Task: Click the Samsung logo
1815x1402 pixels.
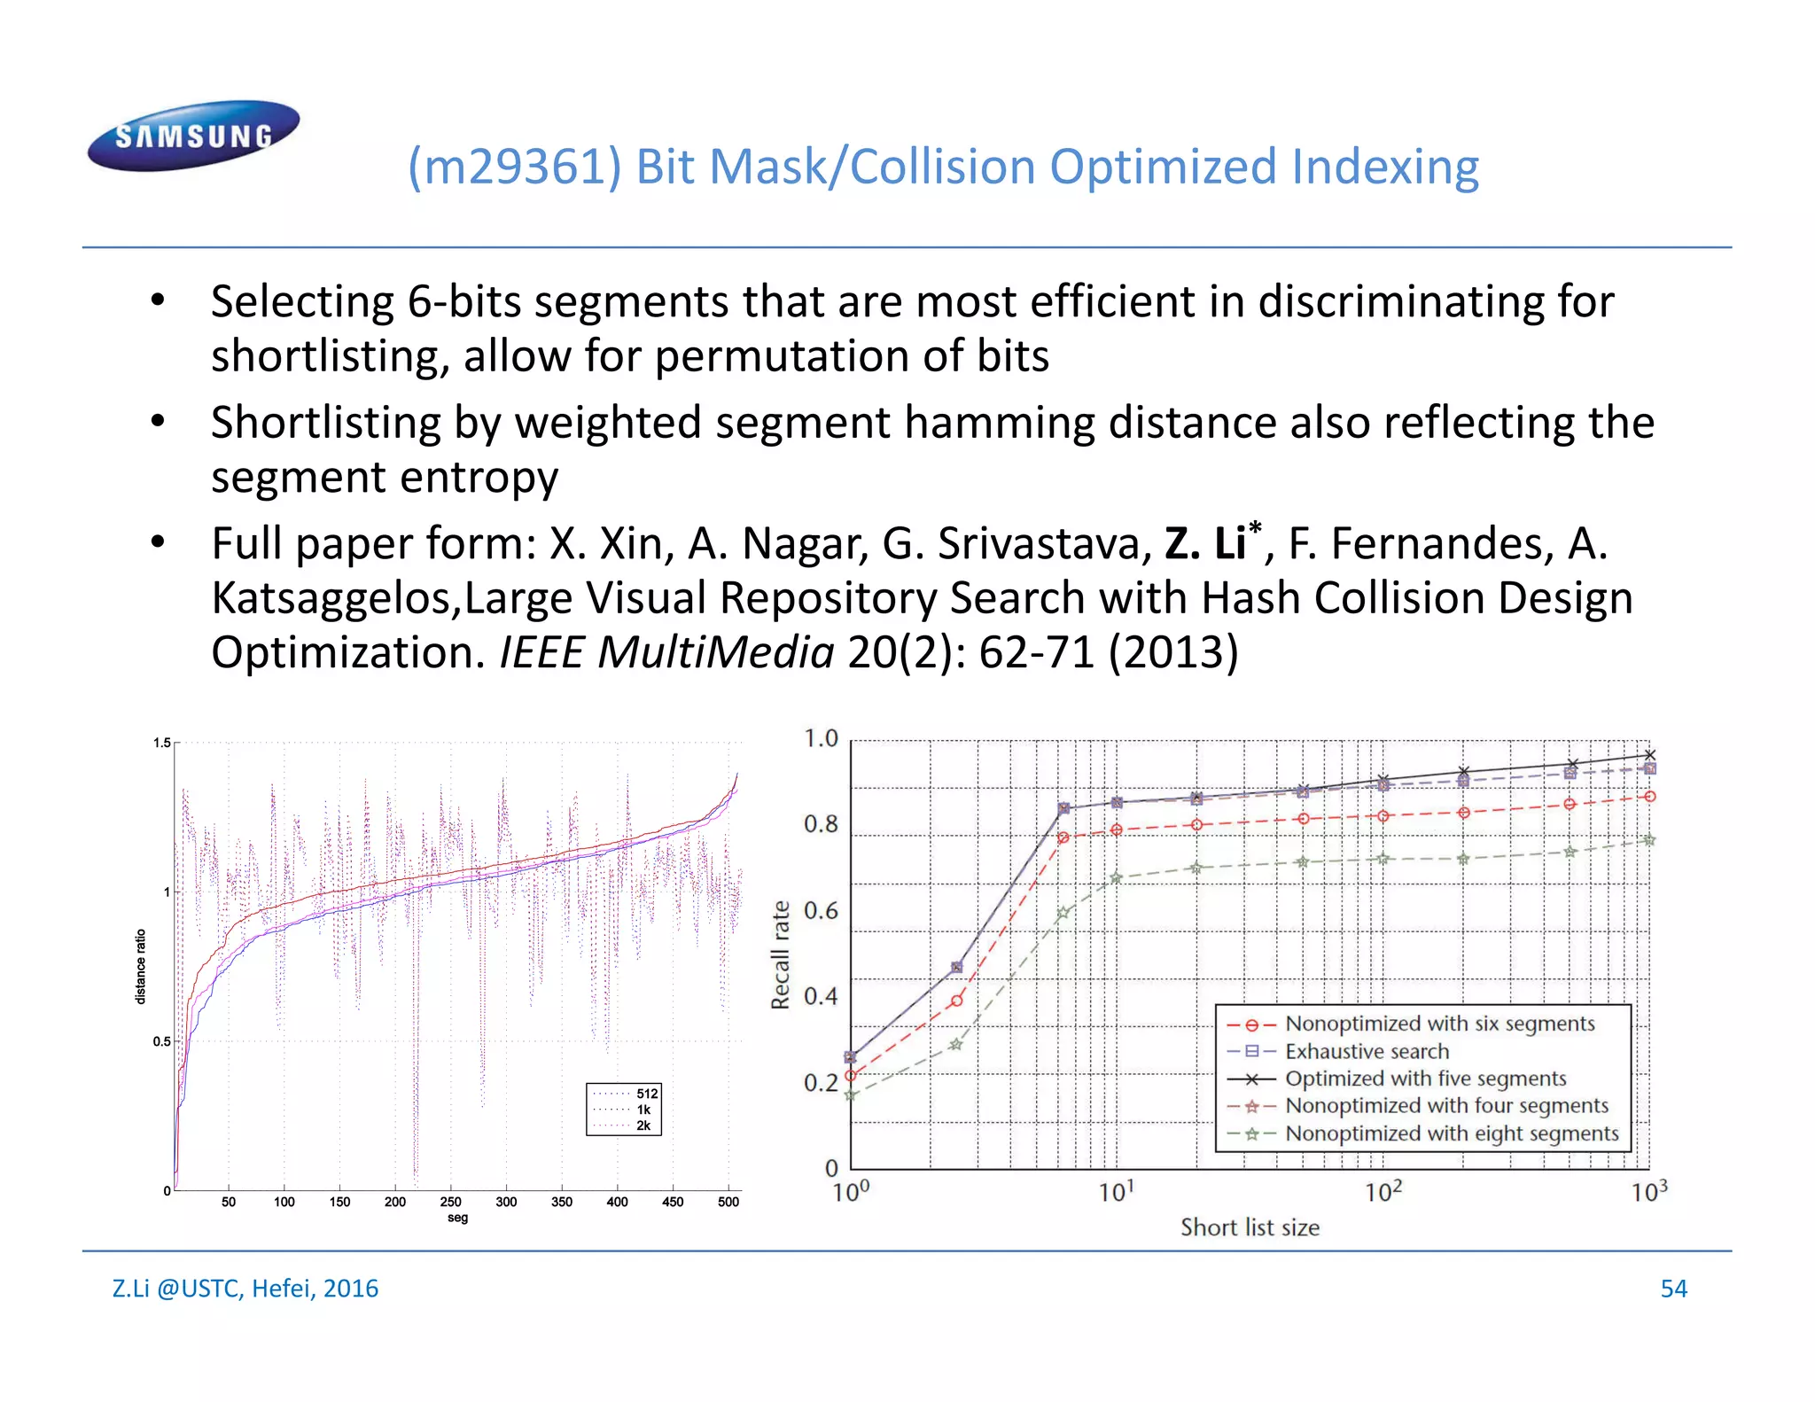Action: [x=193, y=135]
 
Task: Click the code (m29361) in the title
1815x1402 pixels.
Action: [x=514, y=167]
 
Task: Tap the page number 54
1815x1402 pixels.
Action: [x=1673, y=1288]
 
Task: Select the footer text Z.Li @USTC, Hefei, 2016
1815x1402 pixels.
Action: [x=245, y=1288]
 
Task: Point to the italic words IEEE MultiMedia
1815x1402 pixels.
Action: [x=666, y=652]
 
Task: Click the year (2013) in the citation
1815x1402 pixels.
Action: [x=1172, y=652]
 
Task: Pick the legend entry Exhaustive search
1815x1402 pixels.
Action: [x=1367, y=1051]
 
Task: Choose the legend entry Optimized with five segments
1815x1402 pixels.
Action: [x=1425, y=1079]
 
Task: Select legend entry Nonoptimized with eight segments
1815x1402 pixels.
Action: [x=1452, y=1133]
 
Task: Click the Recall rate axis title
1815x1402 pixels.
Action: [x=780, y=954]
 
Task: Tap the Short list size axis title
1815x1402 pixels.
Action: [x=1250, y=1227]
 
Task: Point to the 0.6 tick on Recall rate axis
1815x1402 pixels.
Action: [x=821, y=911]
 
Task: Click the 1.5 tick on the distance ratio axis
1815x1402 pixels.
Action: [x=162, y=743]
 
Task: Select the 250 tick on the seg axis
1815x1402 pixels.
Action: [x=450, y=1202]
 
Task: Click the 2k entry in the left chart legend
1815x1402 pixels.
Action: [x=643, y=1125]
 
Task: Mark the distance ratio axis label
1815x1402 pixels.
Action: [x=140, y=966]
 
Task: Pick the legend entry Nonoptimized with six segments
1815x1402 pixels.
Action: [x=1439, y=1024]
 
